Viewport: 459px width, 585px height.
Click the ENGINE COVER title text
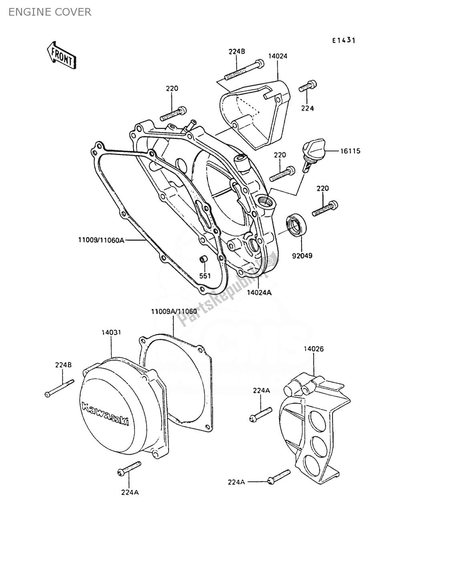coord(50,12)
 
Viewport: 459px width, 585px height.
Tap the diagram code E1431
coord(344,40)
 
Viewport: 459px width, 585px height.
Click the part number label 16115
coord(350,151)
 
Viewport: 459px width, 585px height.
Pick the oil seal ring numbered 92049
coord(296,226)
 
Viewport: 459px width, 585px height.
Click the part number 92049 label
coord(302,255)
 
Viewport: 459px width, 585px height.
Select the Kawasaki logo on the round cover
coord(105,414)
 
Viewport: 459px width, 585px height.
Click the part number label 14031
coord(111,332)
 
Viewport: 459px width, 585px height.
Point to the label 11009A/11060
coord(173,311)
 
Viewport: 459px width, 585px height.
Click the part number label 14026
coord(314,349)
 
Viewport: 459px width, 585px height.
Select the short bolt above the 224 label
coord(308,86)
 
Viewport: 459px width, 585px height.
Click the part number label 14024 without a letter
coord(278,56)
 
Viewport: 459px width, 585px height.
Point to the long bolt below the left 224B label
coord(60,388)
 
